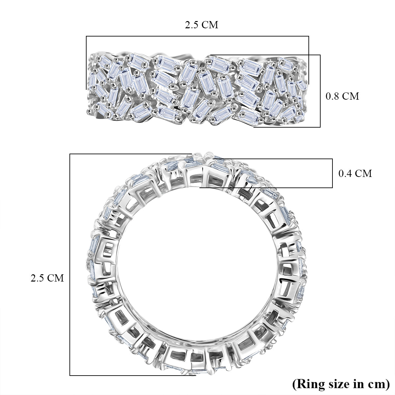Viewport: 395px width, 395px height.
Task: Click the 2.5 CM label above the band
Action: (x=201, y=25)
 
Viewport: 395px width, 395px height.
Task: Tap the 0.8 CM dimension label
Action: (x=342, y=96)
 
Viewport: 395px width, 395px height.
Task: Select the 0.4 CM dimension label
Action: (x=355, y=173)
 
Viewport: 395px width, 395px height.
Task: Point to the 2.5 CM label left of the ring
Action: (x=47, y=278)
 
